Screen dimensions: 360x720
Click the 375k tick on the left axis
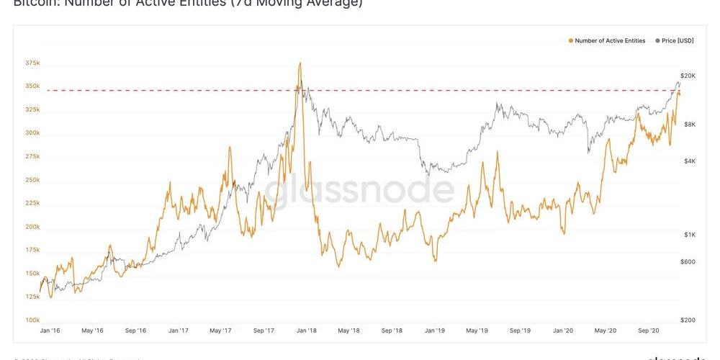tap(32, 63)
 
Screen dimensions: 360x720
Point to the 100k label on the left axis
tap(32, 320)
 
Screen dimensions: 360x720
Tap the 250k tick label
tap(32, 179)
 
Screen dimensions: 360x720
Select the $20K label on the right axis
tap(688, 76)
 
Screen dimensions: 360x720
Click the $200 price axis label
tap(688, 320)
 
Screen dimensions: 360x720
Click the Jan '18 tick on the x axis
tap(307, 330)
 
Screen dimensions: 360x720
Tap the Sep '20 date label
tap(649, 330)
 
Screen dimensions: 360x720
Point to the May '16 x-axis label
tap(92, 330)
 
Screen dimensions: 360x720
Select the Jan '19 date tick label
tap(434, 330)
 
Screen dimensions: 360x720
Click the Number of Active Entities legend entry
tap(610, 41)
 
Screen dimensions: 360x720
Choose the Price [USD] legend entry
tap(678, 41)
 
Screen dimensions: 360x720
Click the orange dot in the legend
tap(571, 41)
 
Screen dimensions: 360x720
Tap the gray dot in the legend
tap(657, 41)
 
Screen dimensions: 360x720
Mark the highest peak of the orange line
tap(300, 63)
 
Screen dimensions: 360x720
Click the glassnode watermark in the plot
tap(360, 190)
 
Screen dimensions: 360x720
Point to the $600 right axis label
tap(688, 261)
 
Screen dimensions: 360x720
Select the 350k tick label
tap(32, 86)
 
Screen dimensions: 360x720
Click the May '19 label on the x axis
tap(477, 330)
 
